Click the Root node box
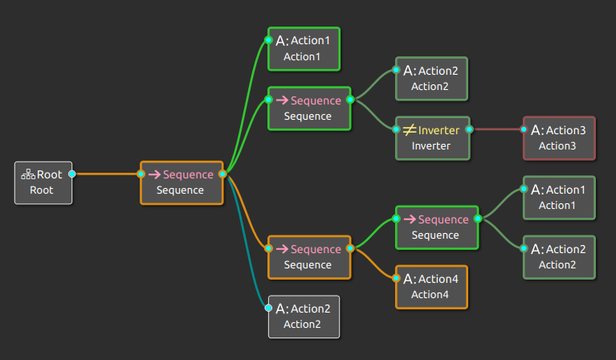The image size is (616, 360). [43, 182]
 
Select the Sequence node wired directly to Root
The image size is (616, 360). [181, 182]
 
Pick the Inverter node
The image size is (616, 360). [431, 137]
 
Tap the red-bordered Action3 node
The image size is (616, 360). [559, 137]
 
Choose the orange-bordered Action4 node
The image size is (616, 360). [431, 286]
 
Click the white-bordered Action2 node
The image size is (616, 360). [304, 316]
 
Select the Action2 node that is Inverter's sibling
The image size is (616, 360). [431, 78]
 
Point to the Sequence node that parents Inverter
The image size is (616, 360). [309, 108]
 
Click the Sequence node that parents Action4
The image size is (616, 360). [309, 256]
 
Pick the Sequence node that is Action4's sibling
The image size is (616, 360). [436, 227]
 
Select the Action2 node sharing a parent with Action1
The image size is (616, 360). [559, 256]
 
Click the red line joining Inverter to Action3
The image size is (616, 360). [496, 129]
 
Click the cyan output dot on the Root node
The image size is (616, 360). [72, 174]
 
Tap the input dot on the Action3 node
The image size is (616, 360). [524, 129]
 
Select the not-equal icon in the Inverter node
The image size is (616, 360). [409, 129]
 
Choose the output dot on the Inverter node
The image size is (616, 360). [469, 129]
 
